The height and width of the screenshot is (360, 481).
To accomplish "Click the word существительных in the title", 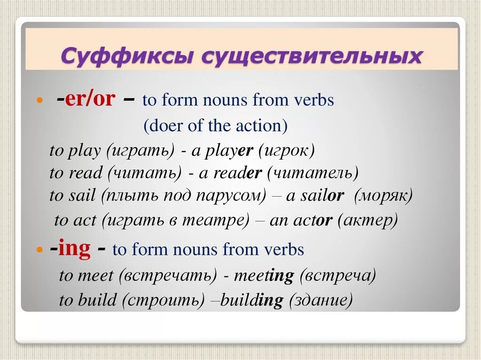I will [312, 56].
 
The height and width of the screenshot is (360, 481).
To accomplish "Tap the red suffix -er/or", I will [85, 99].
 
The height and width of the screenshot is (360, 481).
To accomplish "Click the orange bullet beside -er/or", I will [40, 101].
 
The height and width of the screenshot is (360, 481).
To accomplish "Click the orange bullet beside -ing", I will [40, 250].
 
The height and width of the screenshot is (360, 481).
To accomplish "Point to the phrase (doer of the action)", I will [216, 125].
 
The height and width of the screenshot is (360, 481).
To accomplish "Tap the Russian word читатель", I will [312, 173].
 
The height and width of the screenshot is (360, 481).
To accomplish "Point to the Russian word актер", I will [368, 220].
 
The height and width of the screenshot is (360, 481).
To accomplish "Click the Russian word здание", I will [321, 300].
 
